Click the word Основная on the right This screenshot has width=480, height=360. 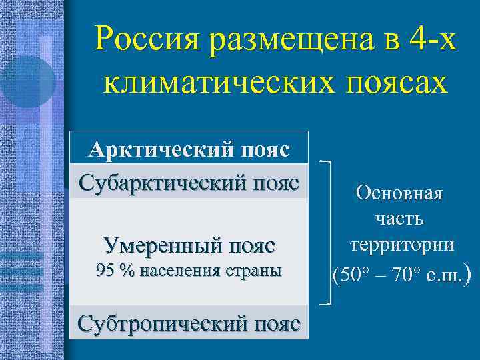(399, 195)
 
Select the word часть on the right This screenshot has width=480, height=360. (399, 219)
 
